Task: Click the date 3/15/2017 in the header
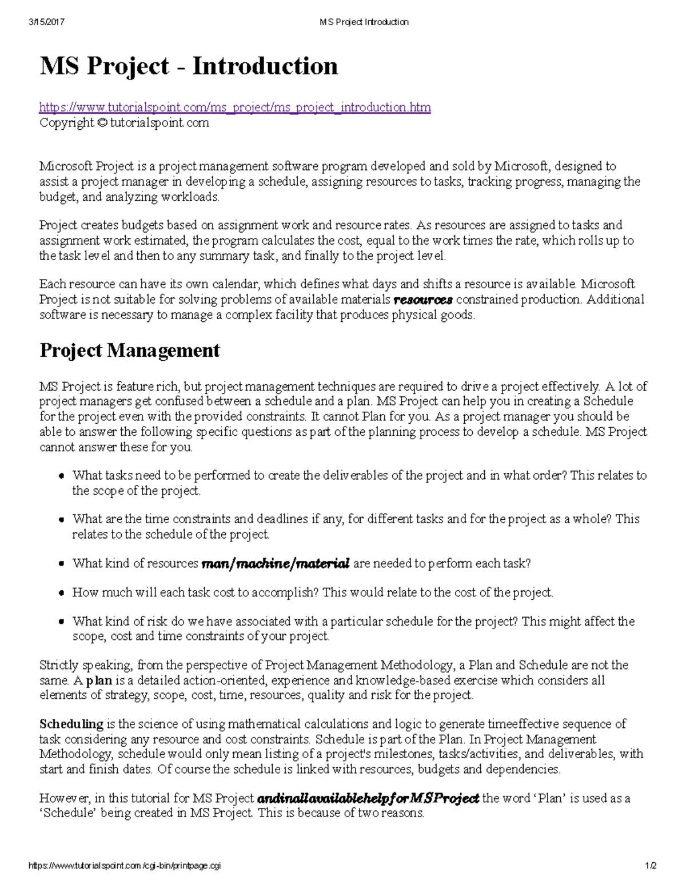pyautogui.click(x=46, y=22)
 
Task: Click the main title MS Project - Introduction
pyautogui.click(x=189, y=66)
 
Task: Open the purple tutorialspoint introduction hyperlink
pyautogui.click(x=235, y=107)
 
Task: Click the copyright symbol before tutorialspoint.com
pyautogui.click(x=102, y=122)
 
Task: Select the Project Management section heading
pyautogui.click(x=130, y=350)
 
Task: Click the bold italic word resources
pyautogui.click(x=424, y=300)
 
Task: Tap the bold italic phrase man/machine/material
pyautogui.click(x=276, y=564)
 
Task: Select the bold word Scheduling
pyautogui.click(x=71, y=724)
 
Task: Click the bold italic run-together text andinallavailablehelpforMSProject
pyautogui.click(x=368, y=798)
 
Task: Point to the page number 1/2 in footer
pyautogui.click(x=651, y=866)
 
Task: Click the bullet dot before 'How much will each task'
pyautogui.click(x=61, y=594)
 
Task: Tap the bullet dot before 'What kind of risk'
pyautogui.click(x=61, y=622)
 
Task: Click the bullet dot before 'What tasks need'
pyautogui.click(x=61, y=476)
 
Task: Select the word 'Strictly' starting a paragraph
pyautogui.click(x=59, y=665)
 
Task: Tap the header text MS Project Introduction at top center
pyautogui.click(x=364, y=22)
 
